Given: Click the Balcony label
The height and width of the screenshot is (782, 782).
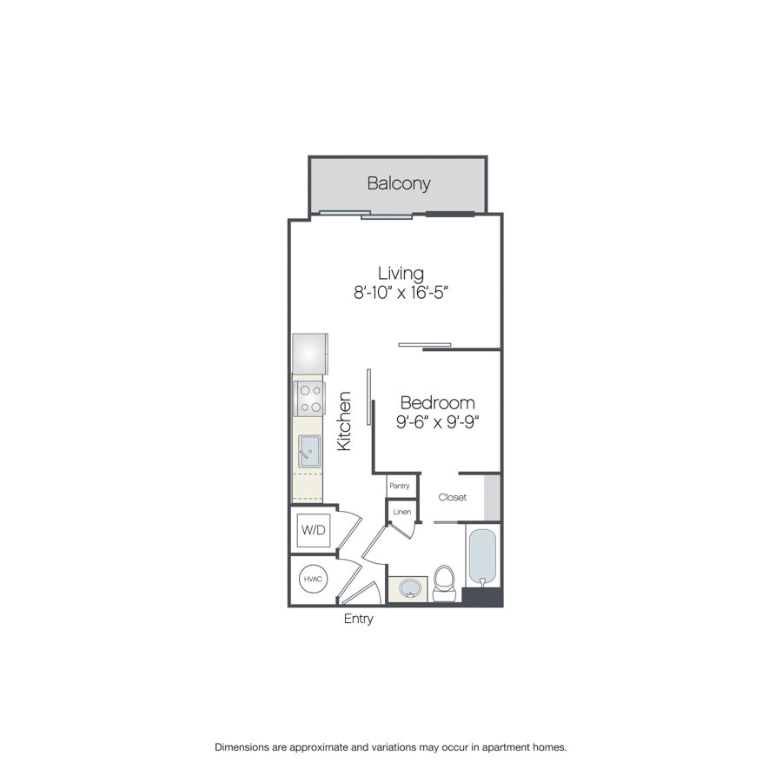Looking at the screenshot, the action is coord(399,183).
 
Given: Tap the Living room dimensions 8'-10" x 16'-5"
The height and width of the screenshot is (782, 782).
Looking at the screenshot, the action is coord(401,292).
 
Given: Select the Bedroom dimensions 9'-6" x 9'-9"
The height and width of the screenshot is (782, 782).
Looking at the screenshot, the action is coord(437,422).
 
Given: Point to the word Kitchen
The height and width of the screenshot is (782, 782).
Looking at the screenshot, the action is coord(344,421).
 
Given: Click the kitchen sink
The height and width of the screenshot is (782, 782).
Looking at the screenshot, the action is coord(309,451).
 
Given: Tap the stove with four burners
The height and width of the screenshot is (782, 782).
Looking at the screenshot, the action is coord(309,399).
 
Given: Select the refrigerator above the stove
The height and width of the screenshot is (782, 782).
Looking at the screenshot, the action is coord(309,355).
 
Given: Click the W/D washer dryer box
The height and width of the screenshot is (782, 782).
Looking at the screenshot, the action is coord(313,530).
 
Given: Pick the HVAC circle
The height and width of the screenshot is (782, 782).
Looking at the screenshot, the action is coord(313,579).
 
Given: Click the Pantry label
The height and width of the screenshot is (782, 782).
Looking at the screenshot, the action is coord(400,486).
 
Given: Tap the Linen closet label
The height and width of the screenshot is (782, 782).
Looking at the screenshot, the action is coord(402,512).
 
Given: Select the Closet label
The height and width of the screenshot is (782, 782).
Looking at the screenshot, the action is coord(453,497).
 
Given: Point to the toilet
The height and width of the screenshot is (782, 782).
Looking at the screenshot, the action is coord(444,584).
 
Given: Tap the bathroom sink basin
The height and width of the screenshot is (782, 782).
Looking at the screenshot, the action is coord(410,588).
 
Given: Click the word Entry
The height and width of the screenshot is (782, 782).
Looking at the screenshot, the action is coord(359,619).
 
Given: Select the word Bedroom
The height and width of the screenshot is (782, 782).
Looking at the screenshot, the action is coord(437,403).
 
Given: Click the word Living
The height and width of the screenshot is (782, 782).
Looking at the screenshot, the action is coord(401,274).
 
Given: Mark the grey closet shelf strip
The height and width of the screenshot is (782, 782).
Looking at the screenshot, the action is coord(492,498).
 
